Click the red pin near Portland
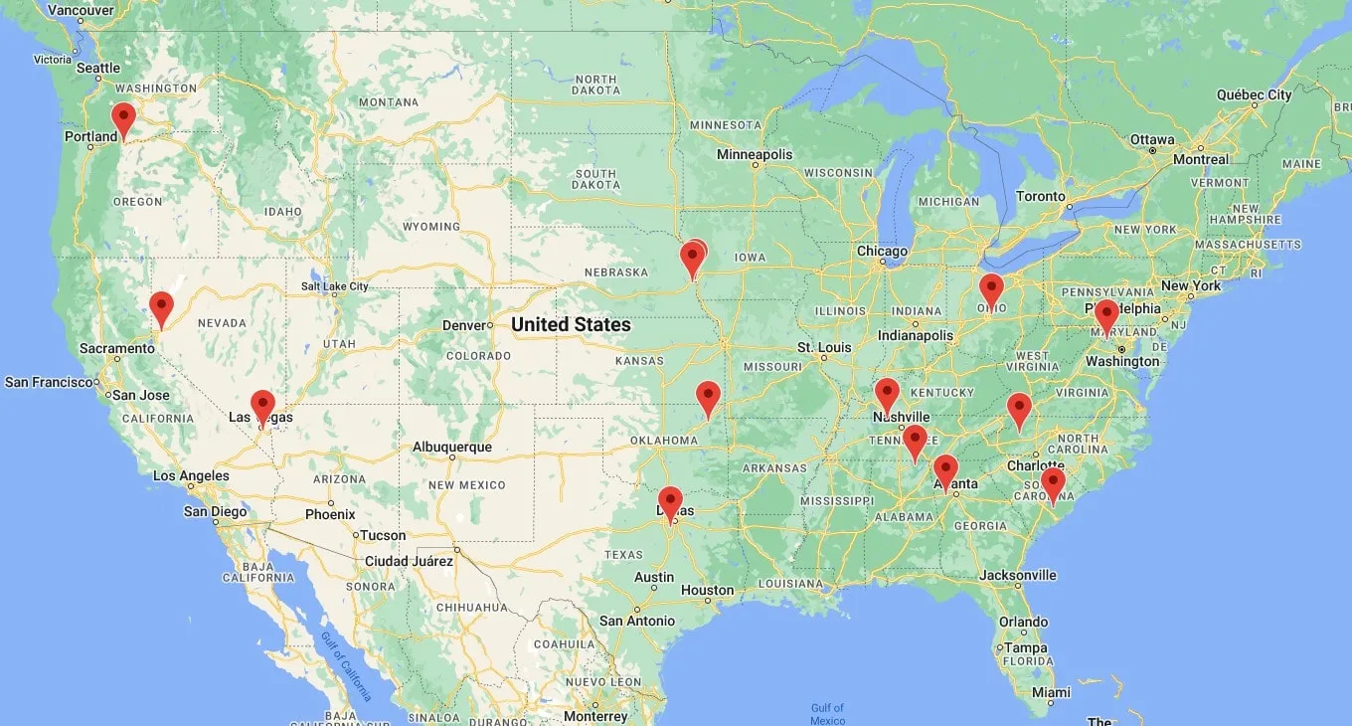tap(123, 118)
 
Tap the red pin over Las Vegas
tap(262, 405)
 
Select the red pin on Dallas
tap(671, 501)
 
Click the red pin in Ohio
tap(991, 288)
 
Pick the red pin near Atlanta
tap(945, 469)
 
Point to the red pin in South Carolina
tap(1053, 482)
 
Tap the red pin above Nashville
tap(887, 393)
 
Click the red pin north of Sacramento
tap(161, 306)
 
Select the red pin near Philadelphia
tap(1106, 314)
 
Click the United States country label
tap(571, 324)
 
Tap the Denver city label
tap(462, 325)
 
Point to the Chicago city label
tap(882, 251)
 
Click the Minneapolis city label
tap(755, 154)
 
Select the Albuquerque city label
tap(452, 447)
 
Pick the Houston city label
tap(707, 590)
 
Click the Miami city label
tap(1051, 691)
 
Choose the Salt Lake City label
tap(334, 286)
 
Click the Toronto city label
tap(1040, 196)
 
